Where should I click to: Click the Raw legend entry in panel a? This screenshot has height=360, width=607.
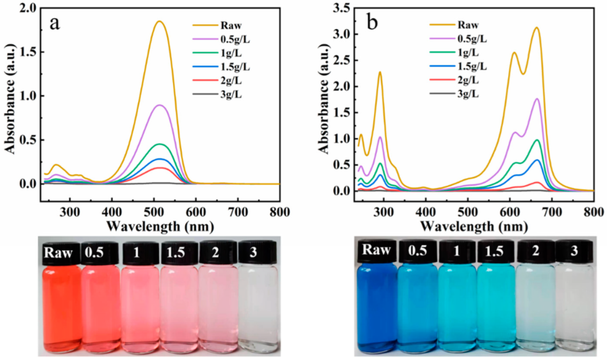(231, 25)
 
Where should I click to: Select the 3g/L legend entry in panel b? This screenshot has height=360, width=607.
(468, 94)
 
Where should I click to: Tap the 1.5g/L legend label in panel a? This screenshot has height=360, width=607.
(235, 67)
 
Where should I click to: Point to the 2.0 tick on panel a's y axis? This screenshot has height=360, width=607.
(27, 8)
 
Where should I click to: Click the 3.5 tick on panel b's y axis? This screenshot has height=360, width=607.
(341, 8)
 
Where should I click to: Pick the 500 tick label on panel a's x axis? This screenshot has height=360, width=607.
(154, 212)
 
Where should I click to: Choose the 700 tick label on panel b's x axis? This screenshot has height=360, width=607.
(552, 212)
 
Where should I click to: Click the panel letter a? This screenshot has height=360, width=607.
(54, 23)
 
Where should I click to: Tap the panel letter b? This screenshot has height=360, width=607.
(372, 22)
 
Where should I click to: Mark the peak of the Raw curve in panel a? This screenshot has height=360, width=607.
(160, 21)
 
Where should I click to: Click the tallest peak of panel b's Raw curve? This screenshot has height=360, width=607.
(537, 27)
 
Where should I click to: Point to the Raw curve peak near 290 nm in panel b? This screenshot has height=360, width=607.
(380, 72)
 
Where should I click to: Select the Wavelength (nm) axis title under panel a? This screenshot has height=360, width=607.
(160, 226)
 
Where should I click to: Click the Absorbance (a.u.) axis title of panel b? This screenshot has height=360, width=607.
(324, 98)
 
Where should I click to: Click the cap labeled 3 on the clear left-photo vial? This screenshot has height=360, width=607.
(253, 253)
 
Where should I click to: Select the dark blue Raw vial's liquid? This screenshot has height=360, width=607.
(377, 307)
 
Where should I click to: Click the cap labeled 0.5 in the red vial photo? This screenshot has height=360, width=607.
(94, 253)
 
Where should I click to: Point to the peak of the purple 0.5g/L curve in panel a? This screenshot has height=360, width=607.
(160, 105)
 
